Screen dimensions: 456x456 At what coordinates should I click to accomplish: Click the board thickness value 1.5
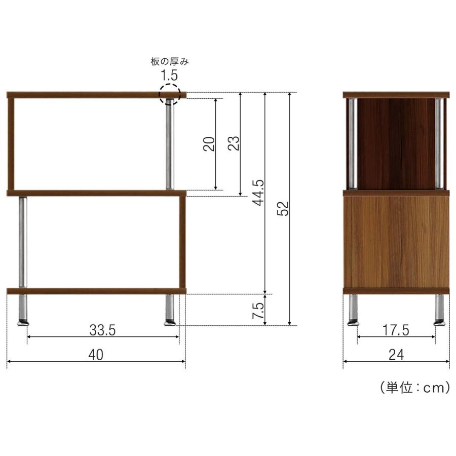coord(170,76)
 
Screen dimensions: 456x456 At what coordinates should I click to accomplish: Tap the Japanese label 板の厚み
coord(170,62)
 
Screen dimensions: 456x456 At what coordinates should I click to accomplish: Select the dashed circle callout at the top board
coord(170,94)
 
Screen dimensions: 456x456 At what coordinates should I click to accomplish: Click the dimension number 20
coord(209,144)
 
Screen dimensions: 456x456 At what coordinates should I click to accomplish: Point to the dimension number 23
coord(234,144)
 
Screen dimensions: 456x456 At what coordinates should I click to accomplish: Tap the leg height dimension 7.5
coord(258,310)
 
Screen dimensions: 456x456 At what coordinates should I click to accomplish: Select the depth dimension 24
coord(396,355)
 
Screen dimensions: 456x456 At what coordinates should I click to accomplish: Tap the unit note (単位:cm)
coord(414,388)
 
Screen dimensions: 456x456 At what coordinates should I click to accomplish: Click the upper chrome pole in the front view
coord(169,144)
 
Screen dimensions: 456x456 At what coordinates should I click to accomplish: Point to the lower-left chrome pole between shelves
coord(23,242)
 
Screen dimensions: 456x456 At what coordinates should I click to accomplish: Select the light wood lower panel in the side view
coord(396,242)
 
